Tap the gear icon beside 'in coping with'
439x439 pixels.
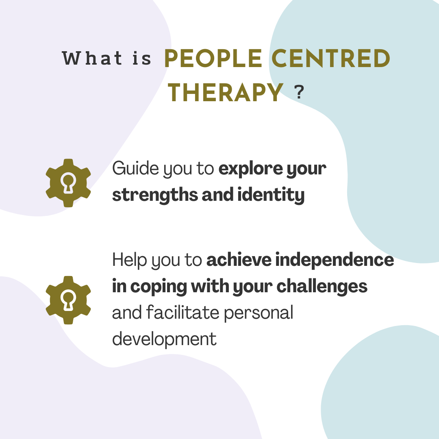coord(68,300)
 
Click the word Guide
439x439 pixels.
coord(135,168)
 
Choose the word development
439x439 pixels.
coord(164,339)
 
